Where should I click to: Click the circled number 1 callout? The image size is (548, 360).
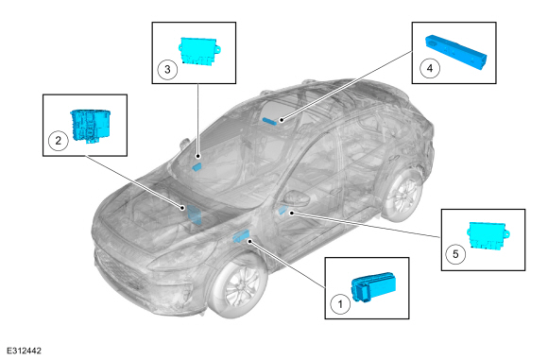click(340, 304)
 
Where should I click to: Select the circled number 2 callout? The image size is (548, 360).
click(58, 141)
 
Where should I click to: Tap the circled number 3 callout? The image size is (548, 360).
click(167, 69)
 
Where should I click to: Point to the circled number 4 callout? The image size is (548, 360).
click(430, 68)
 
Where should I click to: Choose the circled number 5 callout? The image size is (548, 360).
click(455, 254)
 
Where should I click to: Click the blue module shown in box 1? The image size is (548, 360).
click(373, 287)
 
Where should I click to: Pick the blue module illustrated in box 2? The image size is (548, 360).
click(91, 126)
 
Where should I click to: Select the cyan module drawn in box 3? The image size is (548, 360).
click(199, 51)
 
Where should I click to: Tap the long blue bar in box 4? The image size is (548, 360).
click(455, 52)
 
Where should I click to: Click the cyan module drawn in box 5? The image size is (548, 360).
click(488, 236)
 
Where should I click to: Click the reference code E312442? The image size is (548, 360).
click(25, 351)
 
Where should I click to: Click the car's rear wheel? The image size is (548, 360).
click(402, 195)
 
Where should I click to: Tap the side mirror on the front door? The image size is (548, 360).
click(297, 198)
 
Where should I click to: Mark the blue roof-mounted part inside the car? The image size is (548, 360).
click(269, 121)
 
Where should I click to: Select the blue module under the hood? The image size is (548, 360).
click(194, 214)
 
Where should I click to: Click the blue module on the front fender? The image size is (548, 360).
click(240, 236)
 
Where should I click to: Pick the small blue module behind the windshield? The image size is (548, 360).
click(197, 166)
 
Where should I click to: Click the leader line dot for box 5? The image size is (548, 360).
click(291, 213)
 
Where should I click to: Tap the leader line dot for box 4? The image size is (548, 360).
click(282, 120)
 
